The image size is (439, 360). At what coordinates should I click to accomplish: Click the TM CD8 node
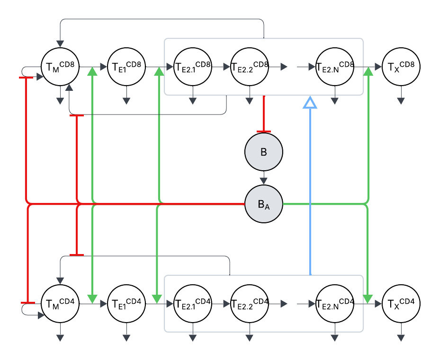click(x=60, y=67)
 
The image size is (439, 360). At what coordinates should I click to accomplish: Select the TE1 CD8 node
click(x=126, y=67)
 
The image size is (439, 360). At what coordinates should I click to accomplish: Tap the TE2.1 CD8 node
click(x=193, y=67)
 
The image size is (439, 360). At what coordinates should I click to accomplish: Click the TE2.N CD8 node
click(x=335, y=67)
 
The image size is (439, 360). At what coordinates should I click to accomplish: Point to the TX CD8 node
click(x=401, y=67)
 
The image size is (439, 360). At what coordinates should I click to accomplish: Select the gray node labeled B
click(x=264, y=152)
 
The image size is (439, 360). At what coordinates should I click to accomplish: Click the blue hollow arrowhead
click(x=310, y=102)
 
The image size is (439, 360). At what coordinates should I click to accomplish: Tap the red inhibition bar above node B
click(x=264, y=131)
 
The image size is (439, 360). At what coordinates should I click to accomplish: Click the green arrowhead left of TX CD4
click(x=368, y=299)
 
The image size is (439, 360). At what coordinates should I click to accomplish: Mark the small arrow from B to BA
click(x=264, y=181)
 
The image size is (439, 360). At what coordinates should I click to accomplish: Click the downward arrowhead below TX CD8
click(x=401, y=100)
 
